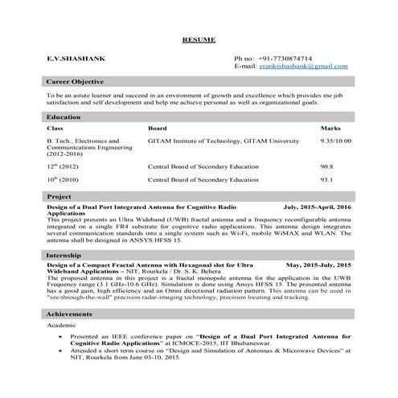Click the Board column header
[x=158, y=129]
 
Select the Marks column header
[x=330, y=129]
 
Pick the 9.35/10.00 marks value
[x=335, y=141]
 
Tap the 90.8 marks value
[x=326, y=166]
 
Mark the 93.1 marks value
[x=326, y=180]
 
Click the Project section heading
[x=59, y=196]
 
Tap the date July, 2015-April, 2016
[x=318, y=207]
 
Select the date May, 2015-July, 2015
[x=319, y=265]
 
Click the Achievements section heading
[x=70, y=314]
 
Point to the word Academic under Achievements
[x=62, y=326]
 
